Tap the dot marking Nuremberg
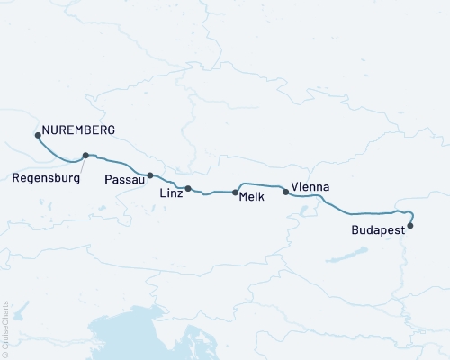click(38, 135)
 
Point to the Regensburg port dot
click(85, 155)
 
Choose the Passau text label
click(123, 179)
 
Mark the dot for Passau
click(150, 175)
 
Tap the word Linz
click(170, 194)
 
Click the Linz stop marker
click(188, 188)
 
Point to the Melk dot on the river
click(235, 192)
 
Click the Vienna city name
click(310, 187)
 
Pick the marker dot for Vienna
click(286, 191)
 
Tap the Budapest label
click(379, 231)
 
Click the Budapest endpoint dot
click(410, 226)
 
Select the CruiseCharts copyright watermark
click(5, 328)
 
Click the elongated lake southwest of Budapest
click(341, 255)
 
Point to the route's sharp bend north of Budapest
click(409, 212)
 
